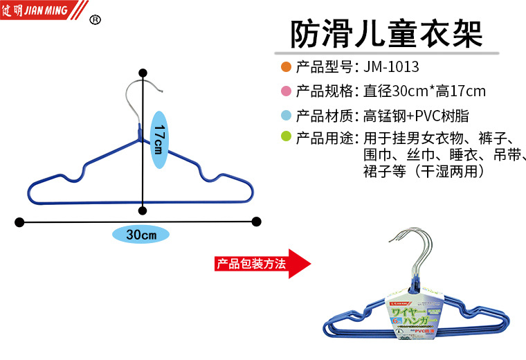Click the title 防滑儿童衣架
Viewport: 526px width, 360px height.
tap(386, 33)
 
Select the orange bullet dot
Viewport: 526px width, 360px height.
tap(286, 68)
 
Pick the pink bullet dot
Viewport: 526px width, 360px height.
tap(286, 91)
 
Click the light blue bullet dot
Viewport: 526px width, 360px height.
tap(286, 115)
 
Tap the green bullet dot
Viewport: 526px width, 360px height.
tap(286, 137)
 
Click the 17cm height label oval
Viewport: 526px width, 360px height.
tap(158, 138)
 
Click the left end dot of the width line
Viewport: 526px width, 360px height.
tap(19, 222)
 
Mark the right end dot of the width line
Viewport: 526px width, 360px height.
tap(256, 222)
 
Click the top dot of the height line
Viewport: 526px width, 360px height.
tap(143, 73)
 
